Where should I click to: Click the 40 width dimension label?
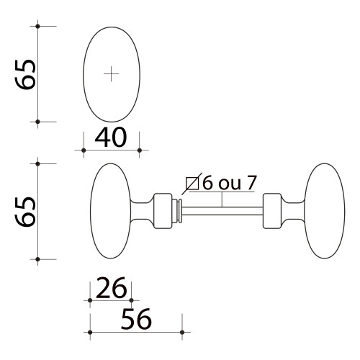tap(111, 137)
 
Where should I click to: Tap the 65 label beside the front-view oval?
tap(26, 74)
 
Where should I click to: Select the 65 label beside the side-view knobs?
tap(26, 210)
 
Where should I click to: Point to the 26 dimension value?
tap(111, 289)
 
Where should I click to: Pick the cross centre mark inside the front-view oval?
tap(111, 73)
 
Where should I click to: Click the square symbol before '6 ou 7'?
tap(192, 183)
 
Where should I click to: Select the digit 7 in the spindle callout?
tap(251, 183)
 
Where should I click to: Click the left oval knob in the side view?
tap(109, 211)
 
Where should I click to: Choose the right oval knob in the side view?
tap(325, 211)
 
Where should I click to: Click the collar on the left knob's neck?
tap(163, 211)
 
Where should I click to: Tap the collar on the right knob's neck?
tap(271, 211)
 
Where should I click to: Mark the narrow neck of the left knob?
tap(144, 211)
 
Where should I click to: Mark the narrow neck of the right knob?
tap(291, 211)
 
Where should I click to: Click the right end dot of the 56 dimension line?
tap(182, 332)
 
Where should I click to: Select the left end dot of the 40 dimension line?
tap(84, 150)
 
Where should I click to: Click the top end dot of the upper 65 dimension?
tap(37, 27)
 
